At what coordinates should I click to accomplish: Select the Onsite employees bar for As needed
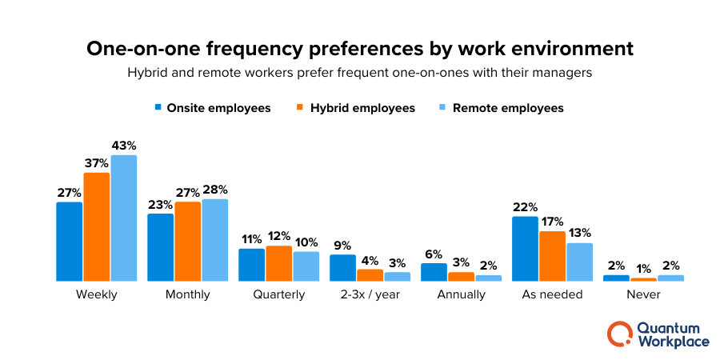(x=526, y=249)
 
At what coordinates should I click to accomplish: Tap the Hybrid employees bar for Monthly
(x=188, y=242)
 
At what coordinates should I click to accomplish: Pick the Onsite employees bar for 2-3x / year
(x=342, y=268)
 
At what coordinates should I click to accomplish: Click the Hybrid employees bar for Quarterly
(x=278, y=263)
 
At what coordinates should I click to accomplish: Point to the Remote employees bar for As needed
(x=580, y=262)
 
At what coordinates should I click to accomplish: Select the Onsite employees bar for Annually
(x=434, y=272)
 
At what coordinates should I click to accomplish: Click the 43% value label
(x=124, y=146)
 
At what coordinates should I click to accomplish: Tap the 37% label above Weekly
(x=97, y=163)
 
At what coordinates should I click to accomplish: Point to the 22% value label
(x=526, y=207)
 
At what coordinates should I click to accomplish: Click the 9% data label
(x=342, y=246)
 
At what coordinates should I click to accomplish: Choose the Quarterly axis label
(x=278, y=294)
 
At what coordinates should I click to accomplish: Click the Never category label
(x=644, y=294)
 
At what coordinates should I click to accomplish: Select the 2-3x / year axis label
(x=370, y=294)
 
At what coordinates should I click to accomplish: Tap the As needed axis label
(x=553, y=294)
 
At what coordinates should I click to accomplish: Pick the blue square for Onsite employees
(x=158, y=107)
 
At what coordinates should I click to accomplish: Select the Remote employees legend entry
(x=501, y=108)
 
